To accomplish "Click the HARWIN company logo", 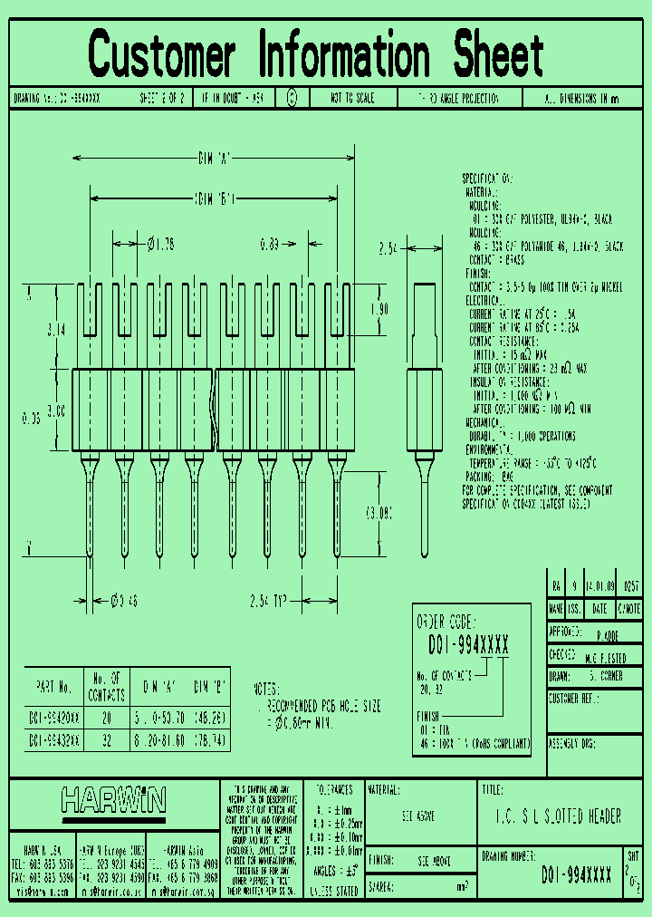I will coord(113,799).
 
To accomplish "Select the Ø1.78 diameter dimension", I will coord(159,243).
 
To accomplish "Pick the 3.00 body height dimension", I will coord(56,410).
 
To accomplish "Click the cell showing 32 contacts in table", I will coord(108,740).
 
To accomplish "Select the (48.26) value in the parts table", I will coord(208,717).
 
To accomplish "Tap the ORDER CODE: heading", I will coord(446,623).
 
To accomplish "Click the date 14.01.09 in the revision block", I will coord(599,585).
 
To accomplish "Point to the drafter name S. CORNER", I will coord(605,676).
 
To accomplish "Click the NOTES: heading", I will coord(266,689).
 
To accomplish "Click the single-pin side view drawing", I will coord(425,417).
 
